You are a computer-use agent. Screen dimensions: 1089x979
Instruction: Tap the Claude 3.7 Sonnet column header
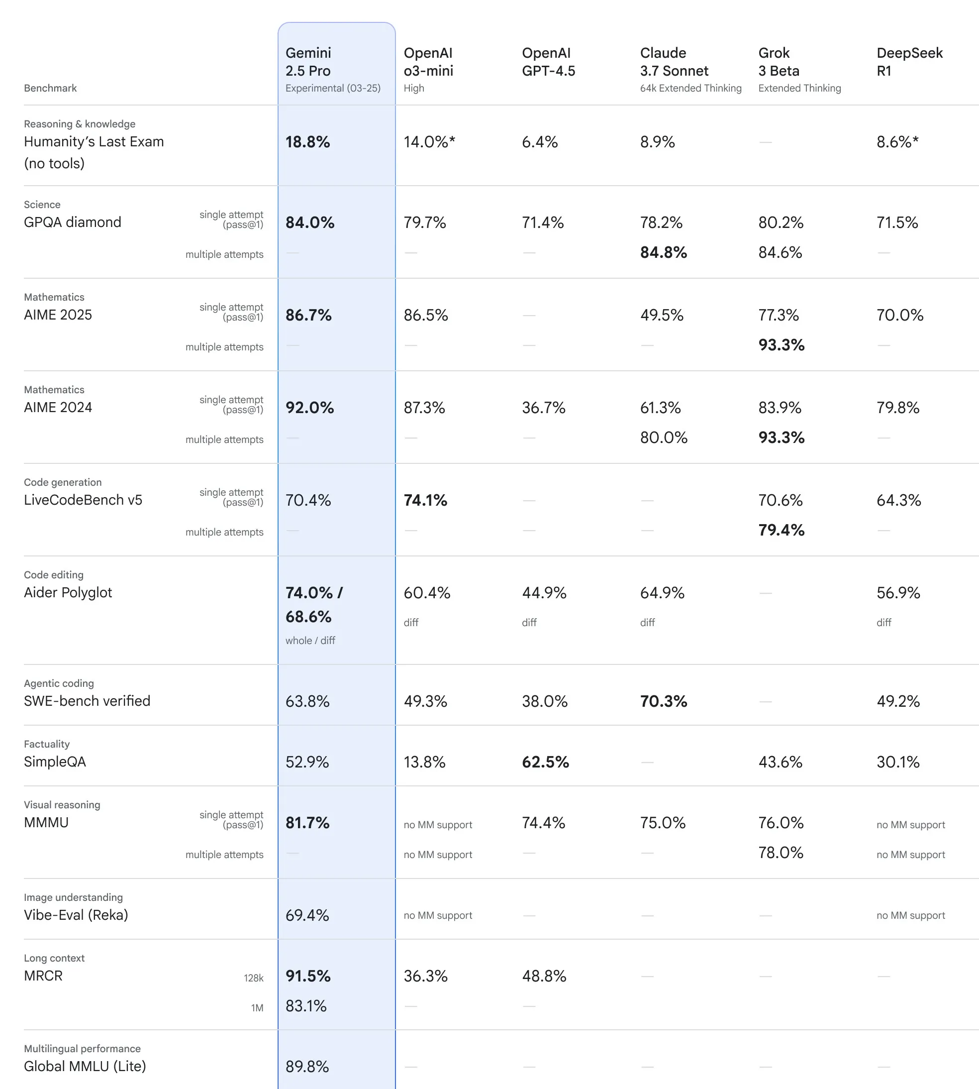[x=674, y=62]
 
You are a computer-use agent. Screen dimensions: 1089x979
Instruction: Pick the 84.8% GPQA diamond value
[x=663, y=252]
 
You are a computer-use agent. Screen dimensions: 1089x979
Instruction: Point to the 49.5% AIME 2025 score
[x=662, y=315]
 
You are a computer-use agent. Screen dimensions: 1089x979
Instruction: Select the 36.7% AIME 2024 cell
[x=543, y=408]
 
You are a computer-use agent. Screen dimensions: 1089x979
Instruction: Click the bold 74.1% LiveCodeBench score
[x=425, y=500]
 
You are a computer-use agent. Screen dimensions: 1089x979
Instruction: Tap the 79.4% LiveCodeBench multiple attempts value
[x=781, y=531]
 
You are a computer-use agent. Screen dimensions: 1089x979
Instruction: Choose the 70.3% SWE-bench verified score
[x=663, y=702]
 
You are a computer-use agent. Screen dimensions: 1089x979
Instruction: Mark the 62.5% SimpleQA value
[x=545, y=762]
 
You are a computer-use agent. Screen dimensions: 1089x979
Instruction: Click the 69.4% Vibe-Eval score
[x=307, y=916]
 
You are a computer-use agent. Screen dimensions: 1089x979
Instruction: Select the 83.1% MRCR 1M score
[x=306, y=1006]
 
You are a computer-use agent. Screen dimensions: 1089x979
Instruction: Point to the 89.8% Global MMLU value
[x=307, y=1067]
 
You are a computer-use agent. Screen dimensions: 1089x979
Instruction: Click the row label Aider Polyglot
[x=68, y=593]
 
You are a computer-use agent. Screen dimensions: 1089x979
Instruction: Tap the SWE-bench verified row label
[x=87, y=701]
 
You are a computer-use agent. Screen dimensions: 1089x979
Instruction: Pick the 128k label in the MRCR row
[x=253, y=978]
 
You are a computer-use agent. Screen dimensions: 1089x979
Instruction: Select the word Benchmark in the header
[x=50, y=88]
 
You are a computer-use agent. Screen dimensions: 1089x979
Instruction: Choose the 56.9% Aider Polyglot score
[x=898, y=593]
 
